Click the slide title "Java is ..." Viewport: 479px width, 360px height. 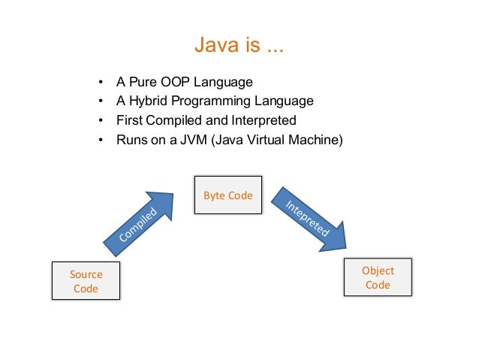pyautogui.click(x=239, y=47)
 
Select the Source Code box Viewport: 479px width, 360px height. pyautogui.click(x=86, y=281)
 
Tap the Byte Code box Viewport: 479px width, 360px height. pyautogui.click(x=228, y=195)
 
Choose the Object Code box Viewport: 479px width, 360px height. pyautogui.click(x=378, y=277)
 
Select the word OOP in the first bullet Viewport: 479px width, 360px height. pyautogui.click(x=173, y=81)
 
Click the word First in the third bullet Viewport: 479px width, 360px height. pyautogui.click(x=128, y=120)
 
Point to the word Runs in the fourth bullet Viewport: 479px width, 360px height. pyautogui.click(x=131, y=139)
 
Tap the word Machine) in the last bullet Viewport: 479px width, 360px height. pyautogui.click(x=315, y=139)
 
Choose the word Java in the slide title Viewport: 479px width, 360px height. pyautogui.click(x=211, y=47)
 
